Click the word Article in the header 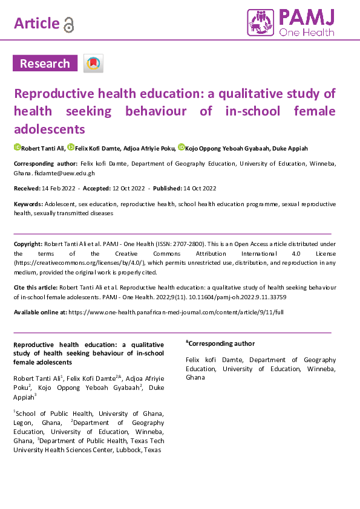point(36,24)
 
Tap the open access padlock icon point(69,24)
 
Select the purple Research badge point(45,63)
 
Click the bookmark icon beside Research point(93,63)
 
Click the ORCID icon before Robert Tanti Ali point(17,148)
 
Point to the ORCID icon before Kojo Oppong point(181,148)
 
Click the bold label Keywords point(28,205)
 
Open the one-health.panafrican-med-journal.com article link point(175,312)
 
